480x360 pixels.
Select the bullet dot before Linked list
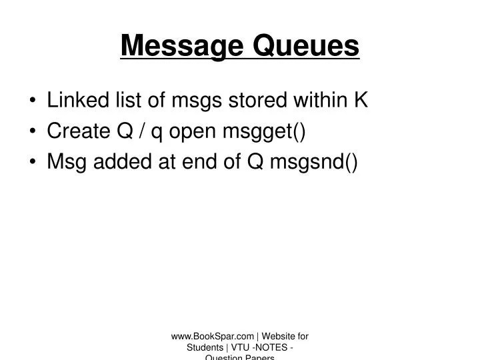[x=33, y=101]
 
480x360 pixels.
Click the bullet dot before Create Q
[x=33, y=132]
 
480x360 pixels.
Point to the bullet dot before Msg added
[x=33, y=163]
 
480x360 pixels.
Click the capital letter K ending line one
[x=361, y=101]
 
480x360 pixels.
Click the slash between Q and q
[x=141, y=131]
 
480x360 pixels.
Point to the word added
[x=119, y=162]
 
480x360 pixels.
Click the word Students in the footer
[x=205, y=348]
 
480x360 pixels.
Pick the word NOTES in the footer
[x=273, y=348]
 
